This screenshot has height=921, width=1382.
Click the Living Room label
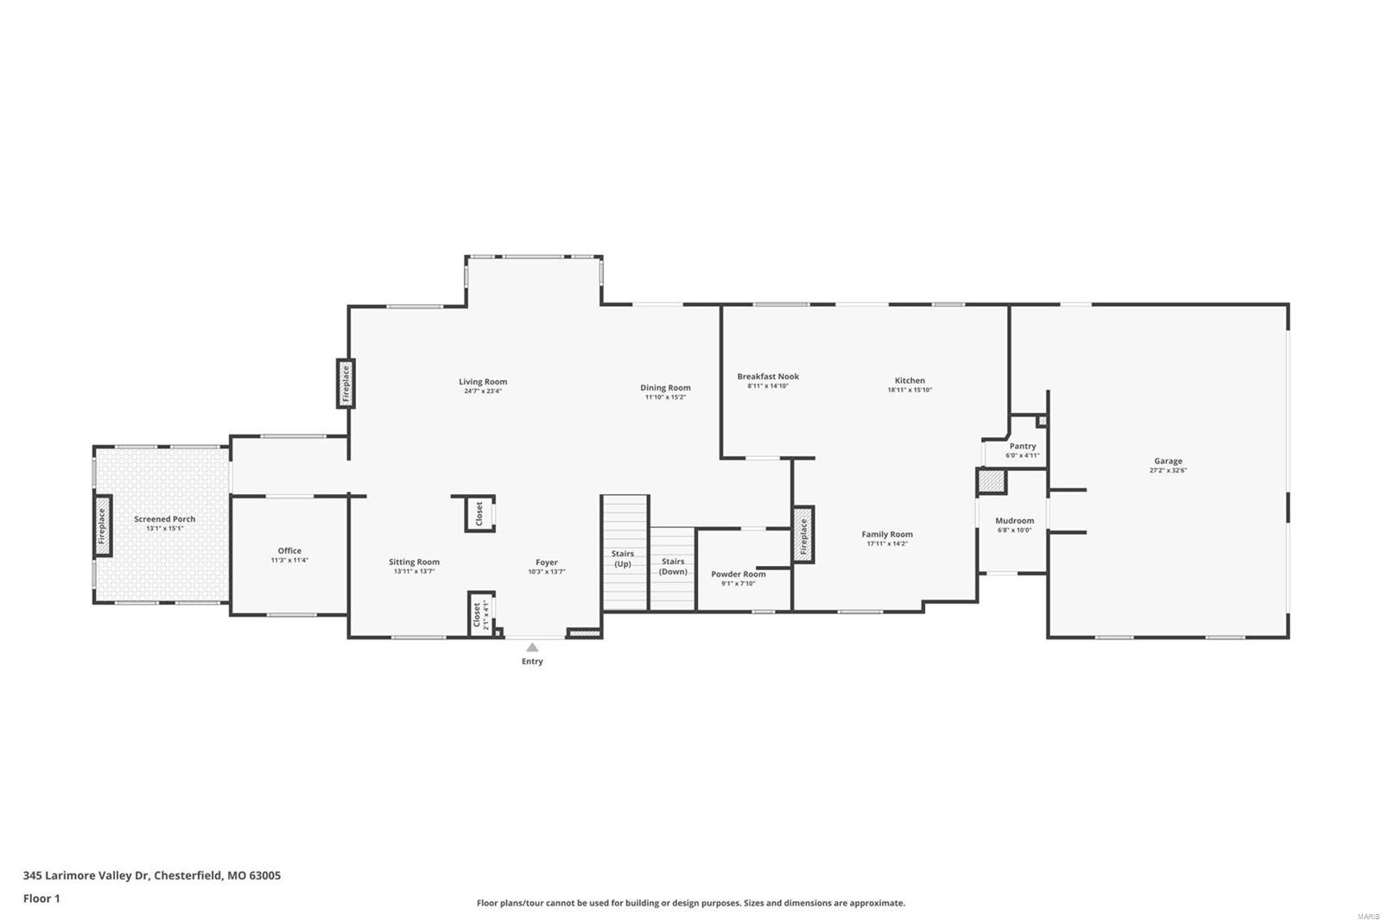tap(483, 382)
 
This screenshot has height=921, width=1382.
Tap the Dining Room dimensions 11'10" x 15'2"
tap(665, 397)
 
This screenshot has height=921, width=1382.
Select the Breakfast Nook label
tap(768, 377)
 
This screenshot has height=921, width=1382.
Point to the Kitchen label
tap(910, 380)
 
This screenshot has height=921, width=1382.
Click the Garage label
tap(1168, 461)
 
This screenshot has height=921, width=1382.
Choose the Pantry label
tap(1023, 447)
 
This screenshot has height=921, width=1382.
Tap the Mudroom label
tap(1014, 521)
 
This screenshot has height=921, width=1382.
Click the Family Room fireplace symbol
tap(803, 536)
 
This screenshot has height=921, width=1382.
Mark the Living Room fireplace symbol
tap(345, 383)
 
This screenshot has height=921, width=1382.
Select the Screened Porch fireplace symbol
tap(102, 525)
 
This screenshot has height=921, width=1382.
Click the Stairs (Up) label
tap(623, 559)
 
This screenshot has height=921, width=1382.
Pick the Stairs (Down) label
tap(673, 566)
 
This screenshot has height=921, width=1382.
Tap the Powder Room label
tap(739, 574)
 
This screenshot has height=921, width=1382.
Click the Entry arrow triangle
tap(532, 647)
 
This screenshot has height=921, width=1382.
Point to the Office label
tap(289, 550)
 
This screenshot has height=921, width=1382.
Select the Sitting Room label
tap(414, 562)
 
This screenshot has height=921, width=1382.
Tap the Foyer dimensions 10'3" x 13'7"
tap(547, 572)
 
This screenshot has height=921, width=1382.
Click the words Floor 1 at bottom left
tap(41, 899)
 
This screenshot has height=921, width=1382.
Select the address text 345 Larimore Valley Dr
tap(86, 875)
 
